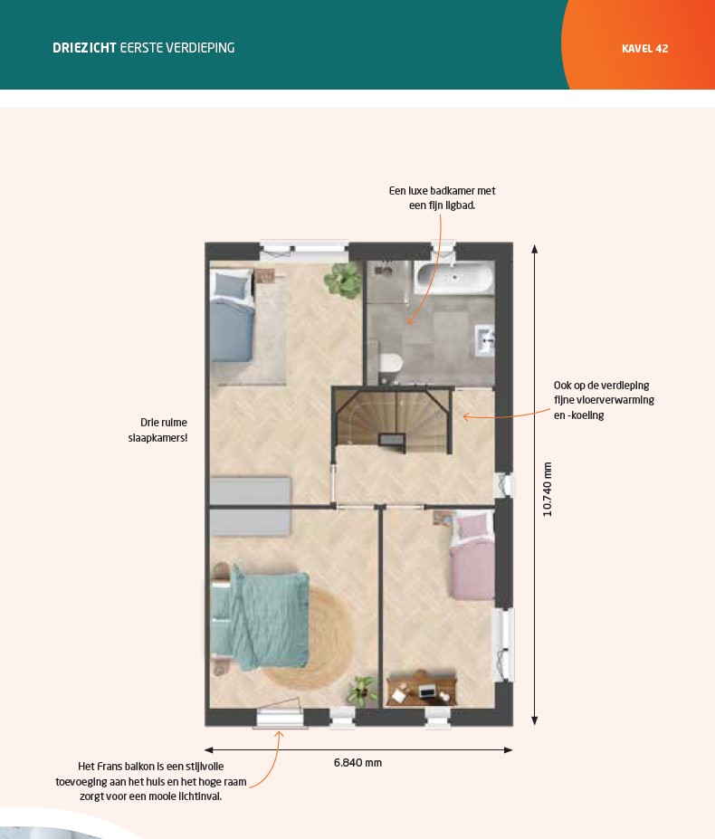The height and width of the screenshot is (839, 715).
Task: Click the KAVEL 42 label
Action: (645, 48)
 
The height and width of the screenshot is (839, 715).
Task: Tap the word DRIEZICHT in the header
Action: (84, 48)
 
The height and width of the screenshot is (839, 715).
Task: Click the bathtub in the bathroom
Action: (454, 277)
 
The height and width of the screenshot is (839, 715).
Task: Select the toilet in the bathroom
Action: (391, 363)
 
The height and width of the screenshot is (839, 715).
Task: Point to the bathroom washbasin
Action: (484, 340)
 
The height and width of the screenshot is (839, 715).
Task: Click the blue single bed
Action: (233, 315)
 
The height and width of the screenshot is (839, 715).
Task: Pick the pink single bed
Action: (472, 555)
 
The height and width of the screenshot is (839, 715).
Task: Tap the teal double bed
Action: (261, 618)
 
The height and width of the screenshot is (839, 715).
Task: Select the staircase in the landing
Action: (393, 421)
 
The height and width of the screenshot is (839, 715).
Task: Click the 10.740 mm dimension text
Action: (547, 489)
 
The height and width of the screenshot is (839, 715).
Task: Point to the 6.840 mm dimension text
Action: (357, 762)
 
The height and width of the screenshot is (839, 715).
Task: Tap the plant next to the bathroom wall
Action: (343, 280)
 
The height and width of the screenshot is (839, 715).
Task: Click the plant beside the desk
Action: (362, 691)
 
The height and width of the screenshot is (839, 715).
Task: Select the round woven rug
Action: (309, 638)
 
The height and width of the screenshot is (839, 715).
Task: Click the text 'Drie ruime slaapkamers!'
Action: (157, 430)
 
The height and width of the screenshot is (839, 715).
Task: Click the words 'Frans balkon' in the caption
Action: (124, 767)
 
